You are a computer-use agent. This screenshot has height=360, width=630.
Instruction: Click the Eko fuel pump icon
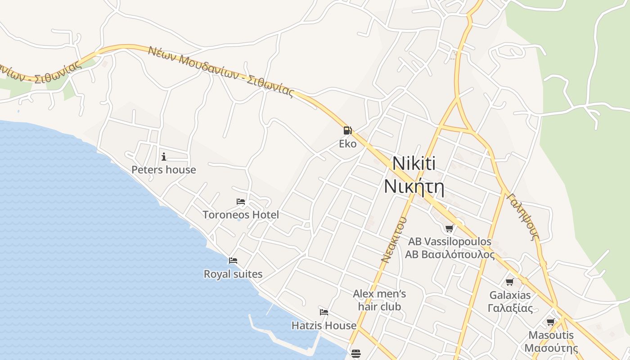(347, 130)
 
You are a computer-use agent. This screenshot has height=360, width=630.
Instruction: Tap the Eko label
(347, 144)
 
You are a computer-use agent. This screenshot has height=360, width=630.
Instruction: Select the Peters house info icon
(164, 157)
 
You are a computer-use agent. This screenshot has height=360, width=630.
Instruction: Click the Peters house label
(164, 170)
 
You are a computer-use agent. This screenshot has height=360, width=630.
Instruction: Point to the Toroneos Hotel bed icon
(241, 202)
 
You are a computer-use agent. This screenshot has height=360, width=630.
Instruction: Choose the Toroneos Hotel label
(241, 215)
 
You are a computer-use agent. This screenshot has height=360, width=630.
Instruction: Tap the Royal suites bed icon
(233, 260)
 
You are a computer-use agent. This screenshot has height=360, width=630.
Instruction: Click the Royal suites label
(233, 274)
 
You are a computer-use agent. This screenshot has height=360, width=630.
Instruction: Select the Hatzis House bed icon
(324, 312)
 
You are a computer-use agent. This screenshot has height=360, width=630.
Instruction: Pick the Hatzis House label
(324, 325)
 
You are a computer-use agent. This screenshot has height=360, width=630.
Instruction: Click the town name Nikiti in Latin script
(414, 164)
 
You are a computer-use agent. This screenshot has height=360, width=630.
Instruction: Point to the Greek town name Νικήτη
(414, 186)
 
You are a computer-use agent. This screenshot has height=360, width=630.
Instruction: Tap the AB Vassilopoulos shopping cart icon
(449, 228)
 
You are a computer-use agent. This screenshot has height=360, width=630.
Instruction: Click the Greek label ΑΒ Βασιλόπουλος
(450, 255)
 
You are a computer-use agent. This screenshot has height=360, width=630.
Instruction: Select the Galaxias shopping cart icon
(510, 282)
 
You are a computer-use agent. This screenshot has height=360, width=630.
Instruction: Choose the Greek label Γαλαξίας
(510, 308)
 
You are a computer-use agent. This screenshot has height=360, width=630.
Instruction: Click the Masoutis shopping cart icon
(551, 322)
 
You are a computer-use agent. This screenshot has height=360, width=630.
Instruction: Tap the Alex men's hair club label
(379, 300)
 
